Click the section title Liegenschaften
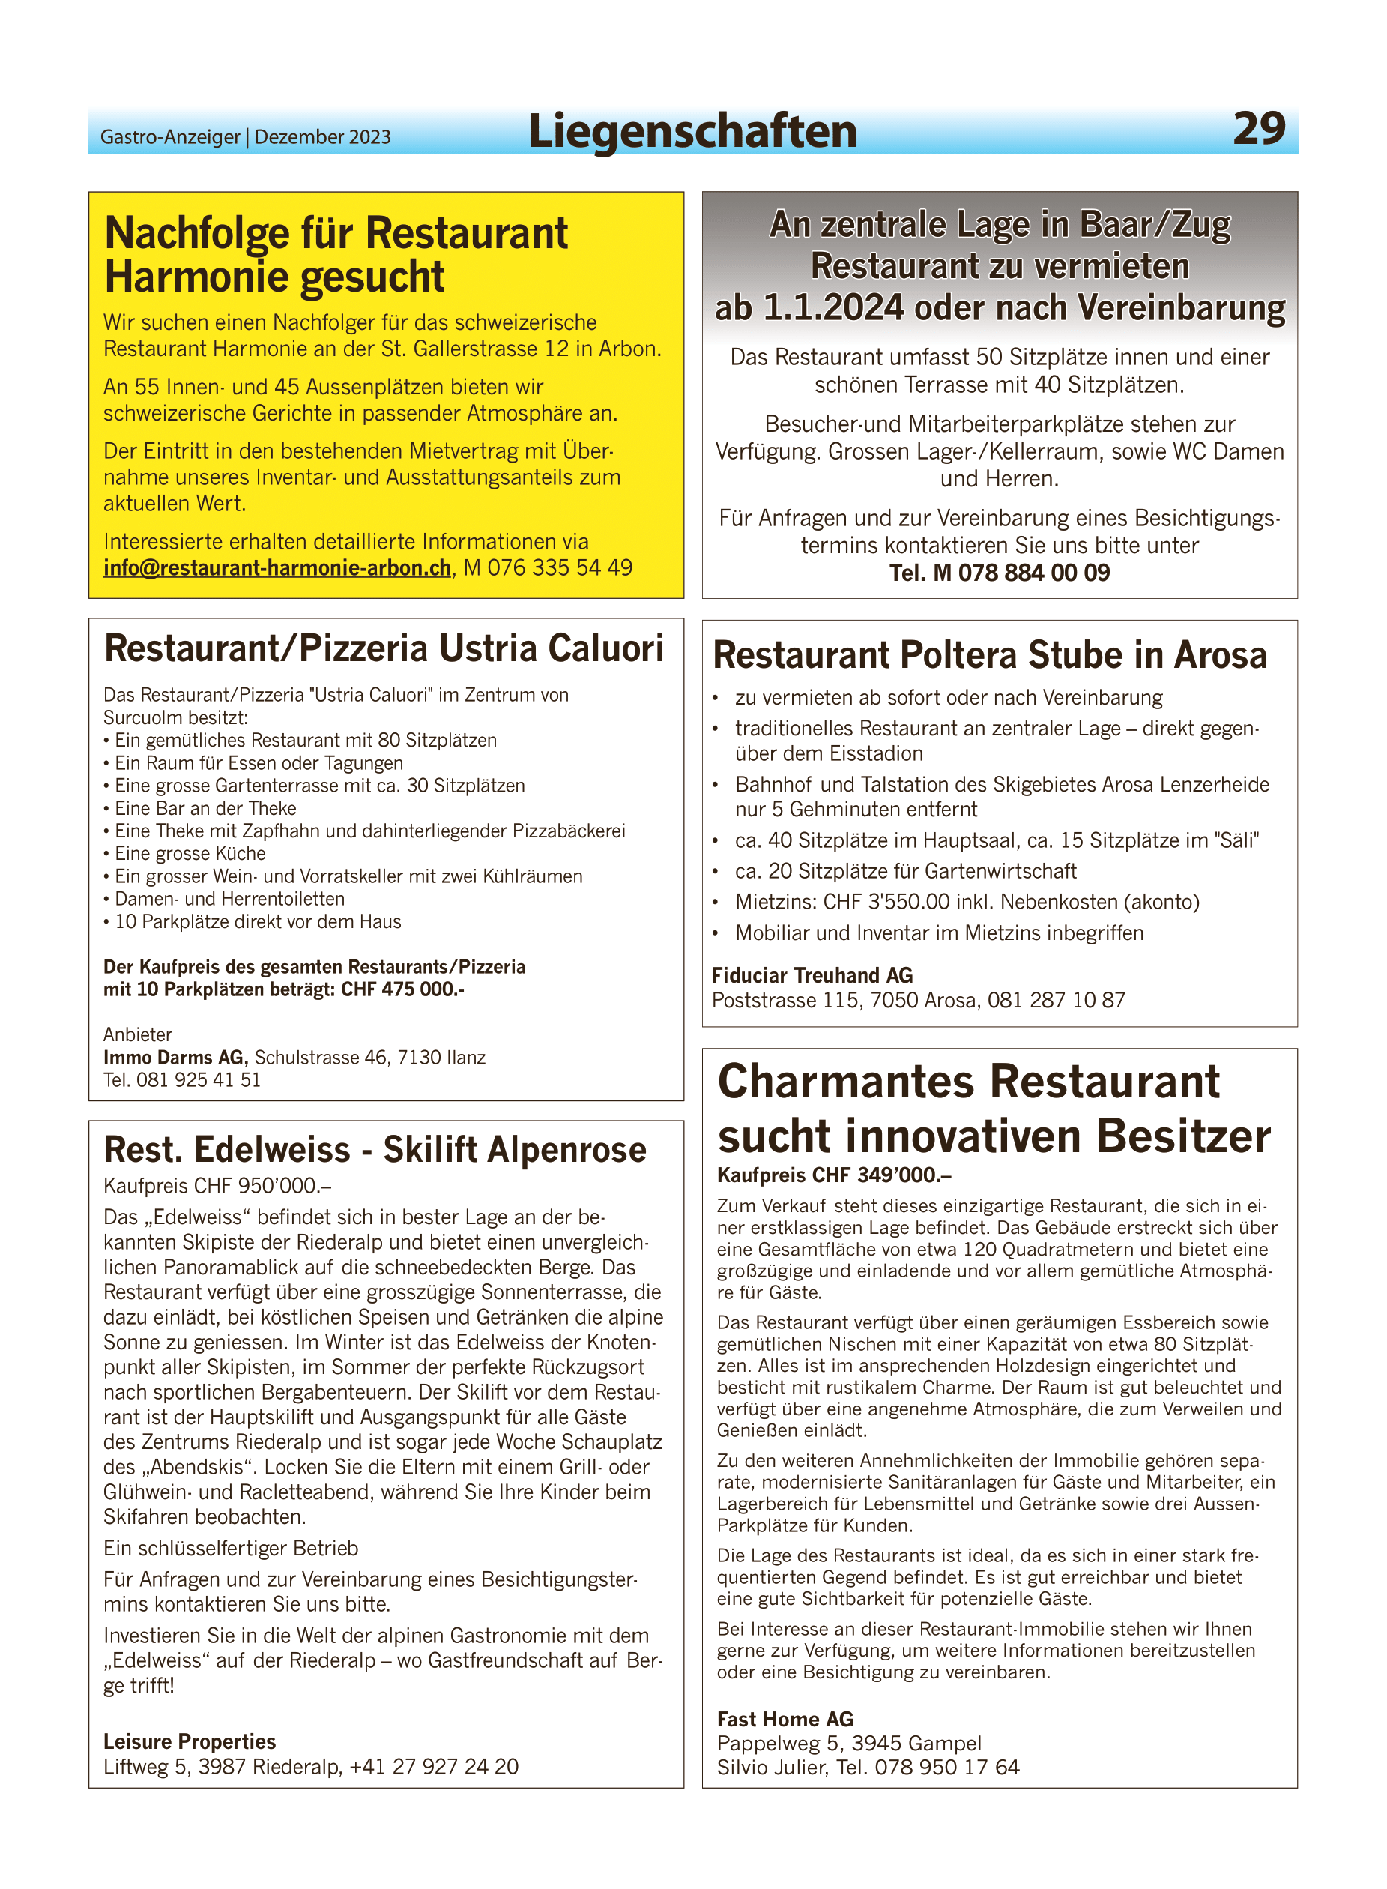coord(692,132)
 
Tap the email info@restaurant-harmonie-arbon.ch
coord(277,569)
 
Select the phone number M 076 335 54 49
coord(549,569)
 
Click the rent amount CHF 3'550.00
coord(886,902)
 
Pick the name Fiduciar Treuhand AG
coord(812,975)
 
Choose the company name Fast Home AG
coord(785,1720)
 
